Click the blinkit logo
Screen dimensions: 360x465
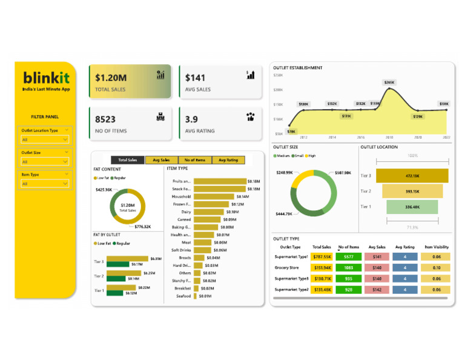pyautogui.click(x=46, y=78)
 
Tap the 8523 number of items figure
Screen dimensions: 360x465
pyautogui.click(x=105, y=119)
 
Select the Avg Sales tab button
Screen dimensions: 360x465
pyautogui.click(x=161, y=160)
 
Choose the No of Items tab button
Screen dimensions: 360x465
pyautogui.click(x=195, y=160)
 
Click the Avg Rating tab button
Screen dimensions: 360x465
pyautogui.click(x=228, y=160)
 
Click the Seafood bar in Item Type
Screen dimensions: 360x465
pyautogui.click(x=195, y=296)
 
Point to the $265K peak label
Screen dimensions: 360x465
pyautogui.click(x=389, y=82)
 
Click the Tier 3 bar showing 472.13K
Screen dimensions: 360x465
pyautogui.click(x=412, y=176)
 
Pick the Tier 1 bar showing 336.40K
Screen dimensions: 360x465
pyautogui.click(x=412, y=207)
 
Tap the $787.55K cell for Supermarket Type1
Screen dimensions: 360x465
pyautogui.click(x=322, y=257)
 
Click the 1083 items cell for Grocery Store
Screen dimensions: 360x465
pyautogui.click(x=348, y=268)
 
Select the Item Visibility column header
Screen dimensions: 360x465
pyautogui.click(x=437, y=247)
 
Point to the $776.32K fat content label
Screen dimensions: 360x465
pyautogui.click(x=142, y=227)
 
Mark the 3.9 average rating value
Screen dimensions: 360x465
pyautogui.click(x=191, y=119)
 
